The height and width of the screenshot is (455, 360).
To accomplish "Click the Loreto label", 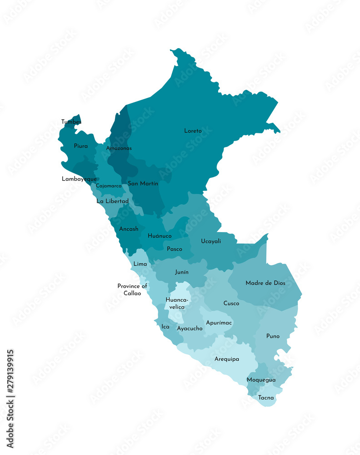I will pyautogui.click(x=193, y=131).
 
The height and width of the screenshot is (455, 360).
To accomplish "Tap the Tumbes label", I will pyautogui.click(x=71, y=122).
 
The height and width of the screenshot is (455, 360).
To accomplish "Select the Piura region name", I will pyautogui.click(x=81, y=146).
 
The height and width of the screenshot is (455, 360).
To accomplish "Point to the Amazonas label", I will pyautogui.click(x=119, y=148).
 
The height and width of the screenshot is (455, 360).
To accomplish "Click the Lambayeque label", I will pyautogui.click(x=79, y=179).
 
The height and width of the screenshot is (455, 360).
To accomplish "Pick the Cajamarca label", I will pyautogui.click(x=109, y=186).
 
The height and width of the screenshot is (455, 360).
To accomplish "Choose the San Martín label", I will pyautogui.click(x=143, y=184).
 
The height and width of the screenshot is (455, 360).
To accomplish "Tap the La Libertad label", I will pyautogui.click(x=112, y=201).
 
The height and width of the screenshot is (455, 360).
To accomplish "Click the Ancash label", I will pyautogui.click(x=129, y=229).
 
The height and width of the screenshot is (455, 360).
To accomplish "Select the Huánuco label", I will pyautogui.click(x=160, y=236).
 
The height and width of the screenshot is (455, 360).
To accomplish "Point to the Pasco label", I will pyautogui.click(x=175, y=249).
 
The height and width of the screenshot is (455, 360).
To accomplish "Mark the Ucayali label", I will pyautogui.click(x=211, y=242).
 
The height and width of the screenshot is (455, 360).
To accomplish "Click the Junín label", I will pyautogui.click(x=182, y=273).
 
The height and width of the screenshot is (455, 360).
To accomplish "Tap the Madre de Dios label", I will pyautogui.click(x=265, y=283).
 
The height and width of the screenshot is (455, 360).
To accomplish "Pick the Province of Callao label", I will pyautogui.click(x=132, y=290).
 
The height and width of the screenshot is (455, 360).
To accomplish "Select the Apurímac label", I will pyautogui.click(x=219, y=323).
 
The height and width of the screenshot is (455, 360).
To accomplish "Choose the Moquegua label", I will pyautogui.click(x=261, y=380).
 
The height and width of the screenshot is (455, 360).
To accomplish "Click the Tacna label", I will pyautogui.click(x=266, y=398).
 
